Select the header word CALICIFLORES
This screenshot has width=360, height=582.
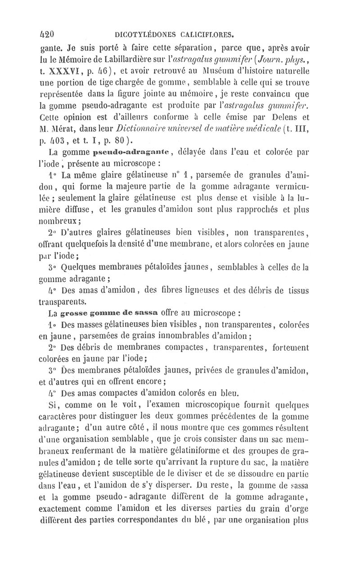(207, 33)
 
